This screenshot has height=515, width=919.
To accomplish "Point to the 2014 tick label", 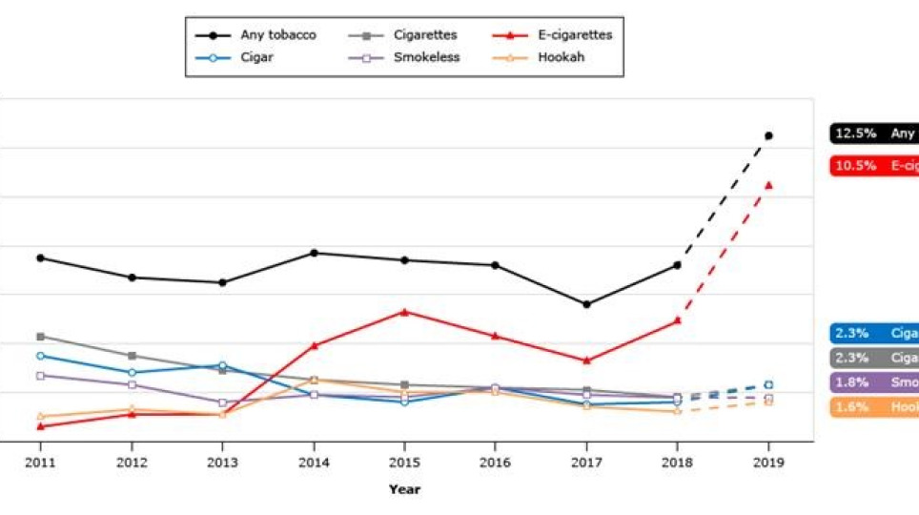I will [314, 463].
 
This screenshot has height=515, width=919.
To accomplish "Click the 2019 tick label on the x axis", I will [768, 463].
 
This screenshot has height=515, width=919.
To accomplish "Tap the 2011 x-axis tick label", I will [40, 463].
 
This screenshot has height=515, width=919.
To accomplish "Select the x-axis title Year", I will [404, 489].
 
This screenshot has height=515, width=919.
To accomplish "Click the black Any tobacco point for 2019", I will [768, 135].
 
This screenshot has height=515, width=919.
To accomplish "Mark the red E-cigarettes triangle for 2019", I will [768, 185].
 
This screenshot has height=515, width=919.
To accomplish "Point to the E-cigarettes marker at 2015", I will [404, 312].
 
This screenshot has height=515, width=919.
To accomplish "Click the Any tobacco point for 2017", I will [586, 304].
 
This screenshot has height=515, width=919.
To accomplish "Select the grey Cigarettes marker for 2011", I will [40, 336].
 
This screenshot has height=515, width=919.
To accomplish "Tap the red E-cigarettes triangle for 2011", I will [40, 426].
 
